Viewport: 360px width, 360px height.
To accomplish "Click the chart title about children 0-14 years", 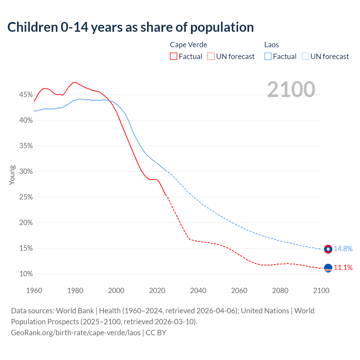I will coord(130,27).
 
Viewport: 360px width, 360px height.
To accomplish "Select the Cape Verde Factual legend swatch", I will coord(174,56).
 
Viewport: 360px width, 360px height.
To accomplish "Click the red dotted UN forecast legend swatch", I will coord(211,56).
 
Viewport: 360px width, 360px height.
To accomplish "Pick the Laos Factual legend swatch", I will coord(268,56).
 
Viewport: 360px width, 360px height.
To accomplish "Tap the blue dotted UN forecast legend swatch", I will coord(305,56).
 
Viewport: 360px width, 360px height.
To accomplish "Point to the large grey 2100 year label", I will coord(291,89).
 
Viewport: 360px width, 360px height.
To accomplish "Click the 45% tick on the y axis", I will coord(26,95).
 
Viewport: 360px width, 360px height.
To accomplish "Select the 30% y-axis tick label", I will coord(26,172).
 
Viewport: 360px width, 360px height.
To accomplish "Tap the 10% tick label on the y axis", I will coord(26,274).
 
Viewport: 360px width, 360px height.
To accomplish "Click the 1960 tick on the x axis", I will coord(34,291).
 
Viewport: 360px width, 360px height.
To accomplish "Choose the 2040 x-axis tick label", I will coord(198,291).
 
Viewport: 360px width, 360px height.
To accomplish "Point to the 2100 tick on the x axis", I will coord(321,291).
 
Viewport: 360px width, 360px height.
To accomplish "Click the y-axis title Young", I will coord(12,175).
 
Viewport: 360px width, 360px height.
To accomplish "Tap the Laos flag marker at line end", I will coord(328,249).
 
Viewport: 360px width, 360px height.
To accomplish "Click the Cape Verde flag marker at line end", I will coord(328,268).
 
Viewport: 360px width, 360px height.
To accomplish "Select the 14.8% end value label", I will coord(343,249).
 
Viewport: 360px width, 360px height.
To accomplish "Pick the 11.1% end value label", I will coord(343,267).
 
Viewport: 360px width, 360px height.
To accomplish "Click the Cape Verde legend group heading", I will coord(188,45).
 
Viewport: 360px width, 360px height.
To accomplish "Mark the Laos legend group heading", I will coord(271,45).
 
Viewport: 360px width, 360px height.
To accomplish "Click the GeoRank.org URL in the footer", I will coord(76,333).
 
